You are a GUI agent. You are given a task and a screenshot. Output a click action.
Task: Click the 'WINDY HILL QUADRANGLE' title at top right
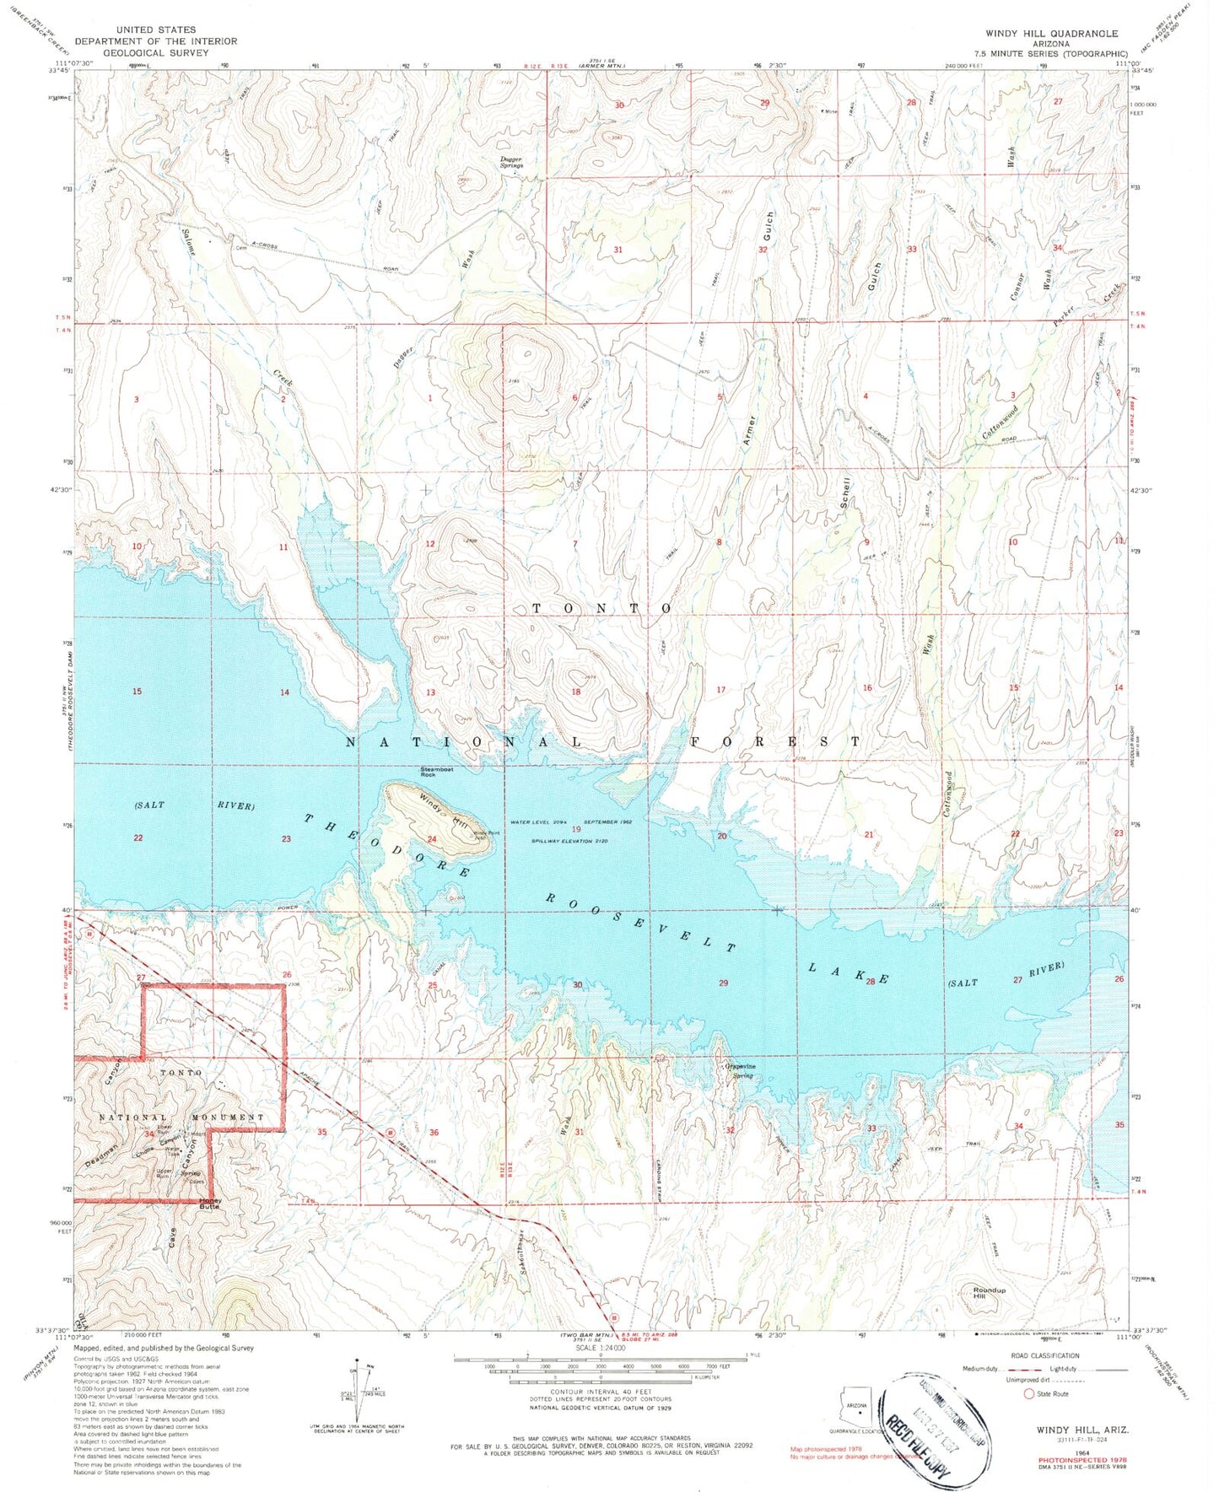[1052, 34]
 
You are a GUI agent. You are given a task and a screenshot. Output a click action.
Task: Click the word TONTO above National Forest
[601, 608]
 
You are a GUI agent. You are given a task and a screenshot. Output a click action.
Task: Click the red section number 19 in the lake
[576, 830]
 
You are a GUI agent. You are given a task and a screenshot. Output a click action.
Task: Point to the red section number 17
[720, 690]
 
